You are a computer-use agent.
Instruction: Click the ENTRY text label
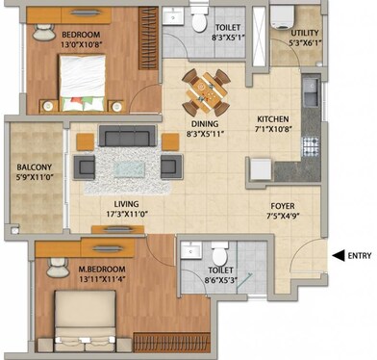click(x=358, y=255)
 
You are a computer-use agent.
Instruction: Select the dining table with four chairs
click(x=206, y=90)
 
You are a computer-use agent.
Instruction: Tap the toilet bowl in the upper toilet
click(x=197, y=20)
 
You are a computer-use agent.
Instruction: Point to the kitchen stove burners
click(x=310, y=147)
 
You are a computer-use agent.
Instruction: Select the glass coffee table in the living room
click(x=129, y=166)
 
